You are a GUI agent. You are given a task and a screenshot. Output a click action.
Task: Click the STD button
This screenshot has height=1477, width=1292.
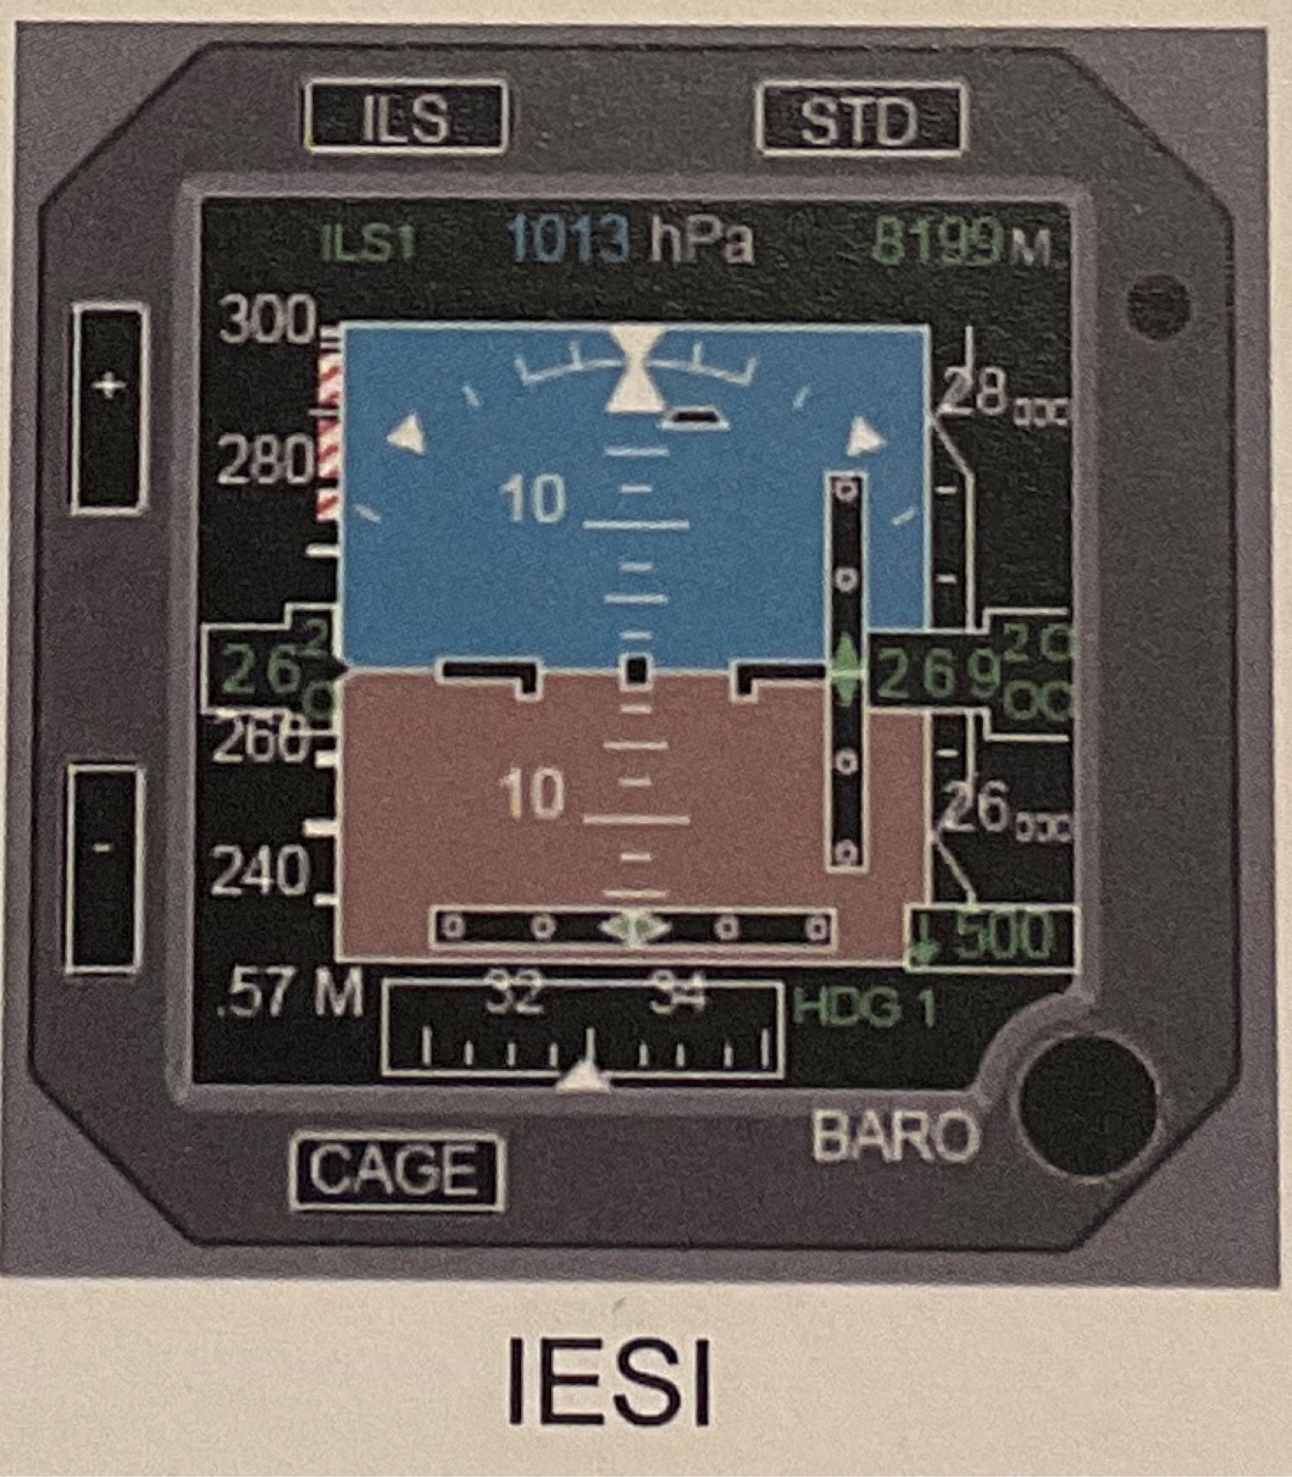tap(859, 120)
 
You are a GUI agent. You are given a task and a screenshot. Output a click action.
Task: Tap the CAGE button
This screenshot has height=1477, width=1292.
tap(396, 1171)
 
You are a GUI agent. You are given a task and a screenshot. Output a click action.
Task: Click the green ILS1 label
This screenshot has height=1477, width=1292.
tap(368, 242)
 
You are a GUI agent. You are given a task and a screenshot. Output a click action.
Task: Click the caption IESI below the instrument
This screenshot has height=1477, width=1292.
tap(609, 1380)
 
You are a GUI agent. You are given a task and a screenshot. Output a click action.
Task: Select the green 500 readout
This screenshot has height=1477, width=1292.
tap(1002, 935)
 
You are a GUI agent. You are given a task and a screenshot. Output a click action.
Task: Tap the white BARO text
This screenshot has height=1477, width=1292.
tap(895, 1135)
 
